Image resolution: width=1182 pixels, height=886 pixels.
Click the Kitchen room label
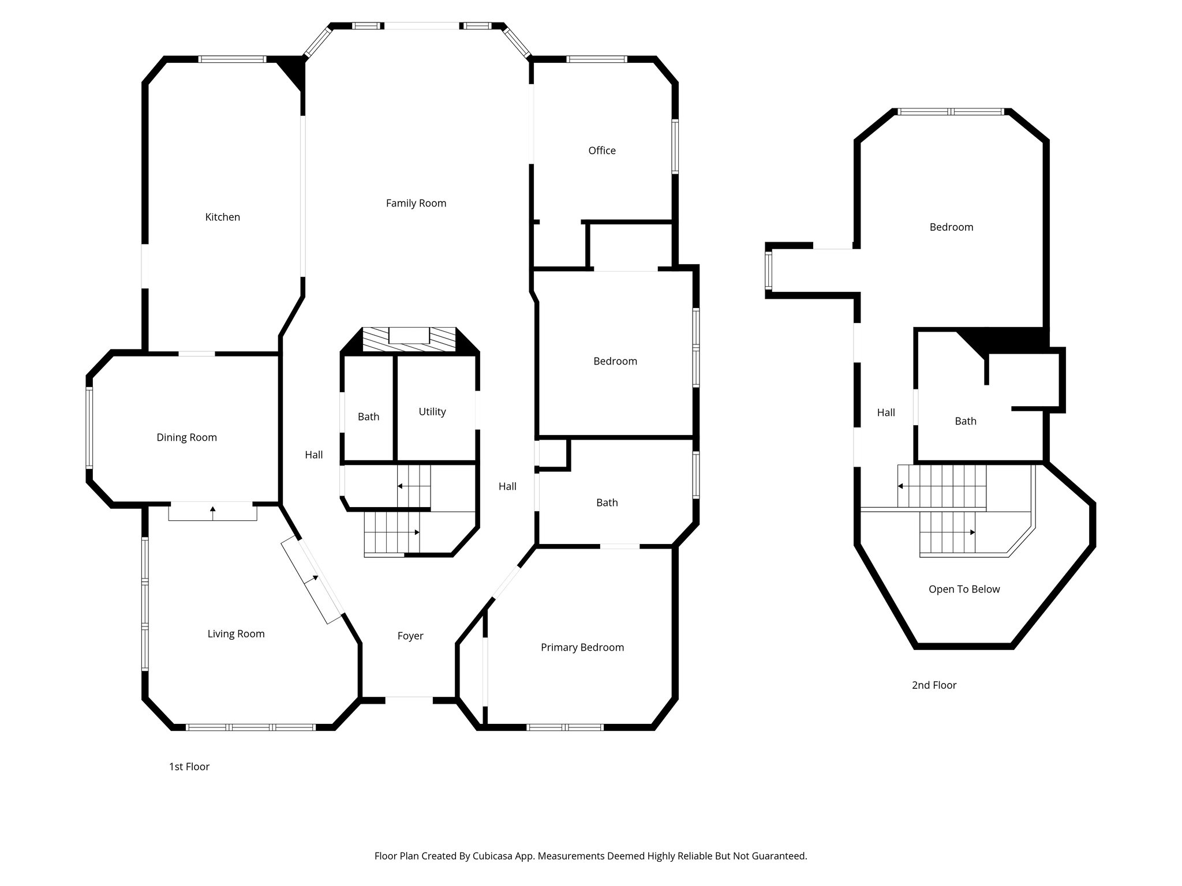[222, 217]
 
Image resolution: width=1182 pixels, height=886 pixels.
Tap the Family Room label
[416, 203]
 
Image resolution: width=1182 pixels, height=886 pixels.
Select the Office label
[601, 151]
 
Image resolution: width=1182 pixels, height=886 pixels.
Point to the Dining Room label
[186, 437]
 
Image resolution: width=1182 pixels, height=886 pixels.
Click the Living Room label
[235, 634]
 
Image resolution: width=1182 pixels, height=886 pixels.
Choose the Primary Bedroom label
[582, 647]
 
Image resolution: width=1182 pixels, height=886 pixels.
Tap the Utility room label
[432, 412]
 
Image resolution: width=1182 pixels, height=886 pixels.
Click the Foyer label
[410, 636]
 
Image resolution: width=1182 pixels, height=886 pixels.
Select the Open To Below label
[964, 589]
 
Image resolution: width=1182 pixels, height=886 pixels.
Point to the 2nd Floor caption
[934, 685]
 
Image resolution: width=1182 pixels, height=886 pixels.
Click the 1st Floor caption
[189, 767]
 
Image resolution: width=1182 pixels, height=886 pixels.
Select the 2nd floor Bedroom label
[951, 227]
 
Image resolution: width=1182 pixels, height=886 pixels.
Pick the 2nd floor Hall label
[885, 412]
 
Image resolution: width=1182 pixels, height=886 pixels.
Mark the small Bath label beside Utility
[368, 416]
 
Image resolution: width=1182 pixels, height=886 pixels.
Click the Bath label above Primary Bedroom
[607, 502]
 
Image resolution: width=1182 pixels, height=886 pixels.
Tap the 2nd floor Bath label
[965, 421]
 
